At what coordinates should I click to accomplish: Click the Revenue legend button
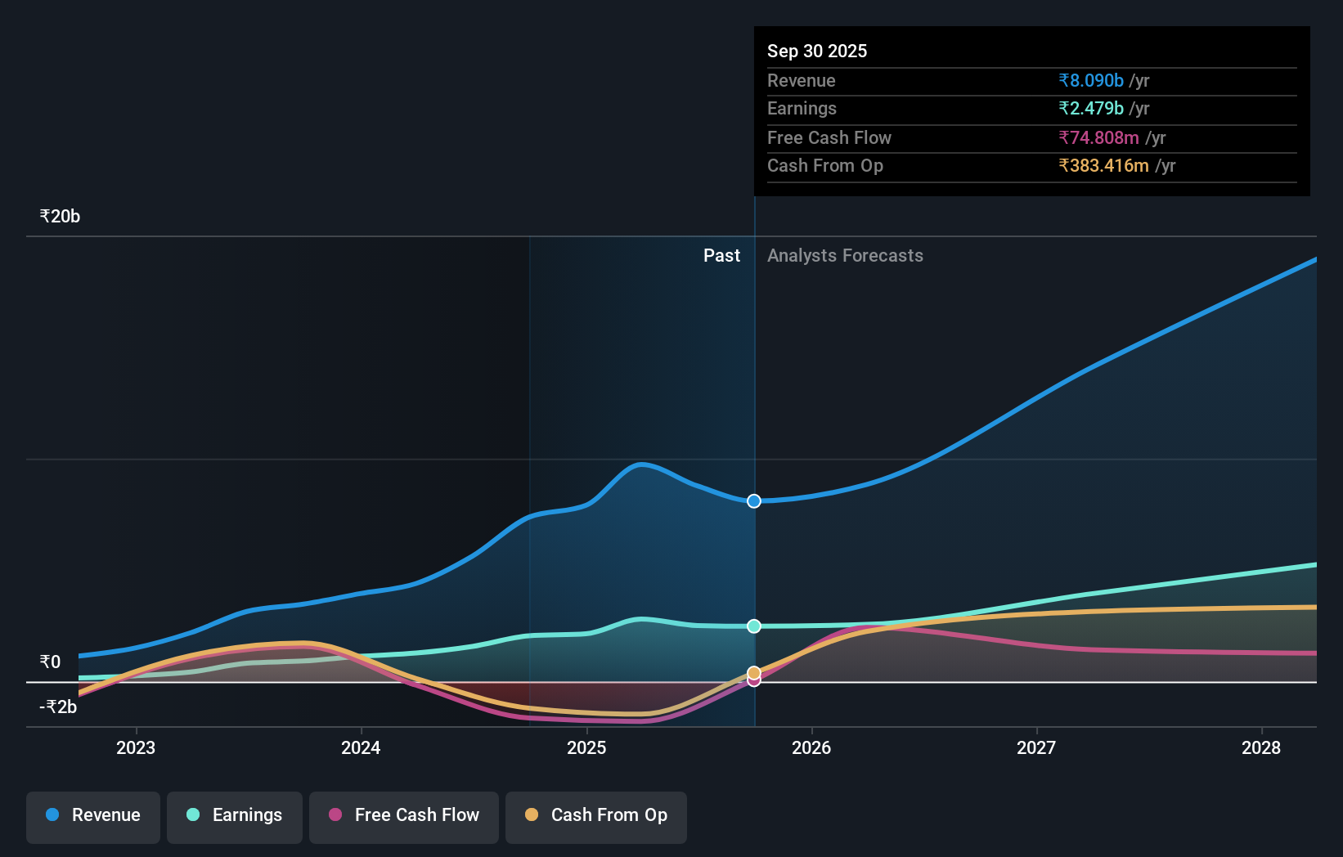pos(93,815)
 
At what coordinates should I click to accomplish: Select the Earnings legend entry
pos(235,815)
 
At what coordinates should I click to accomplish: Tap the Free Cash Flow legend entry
pos(404,815)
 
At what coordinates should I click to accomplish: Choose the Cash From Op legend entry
pos(596,815)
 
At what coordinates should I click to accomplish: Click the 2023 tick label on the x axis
pos(136,747)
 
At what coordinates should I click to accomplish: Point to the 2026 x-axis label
pos(811,747)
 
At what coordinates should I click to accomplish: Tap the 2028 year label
pos(1261,747)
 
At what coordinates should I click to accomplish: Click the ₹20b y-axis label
pos(60,217)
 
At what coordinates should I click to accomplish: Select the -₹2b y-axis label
pos(58,707)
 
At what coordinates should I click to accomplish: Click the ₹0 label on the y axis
pos(50,662)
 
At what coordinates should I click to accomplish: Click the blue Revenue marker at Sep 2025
pos(754,501)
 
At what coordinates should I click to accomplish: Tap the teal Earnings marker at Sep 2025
pos(754,626)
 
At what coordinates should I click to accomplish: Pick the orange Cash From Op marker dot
pos(754,673)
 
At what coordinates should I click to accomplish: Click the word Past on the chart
pos(721,256)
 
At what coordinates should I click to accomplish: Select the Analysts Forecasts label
pos(845,256)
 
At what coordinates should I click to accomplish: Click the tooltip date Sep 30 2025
pos(817,52)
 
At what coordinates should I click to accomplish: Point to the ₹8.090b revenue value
pos(1091,81)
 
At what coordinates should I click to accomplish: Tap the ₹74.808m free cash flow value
pos(1098,138)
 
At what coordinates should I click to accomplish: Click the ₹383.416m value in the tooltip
pos(1103,166)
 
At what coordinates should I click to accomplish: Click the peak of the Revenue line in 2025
pos(642,464)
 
